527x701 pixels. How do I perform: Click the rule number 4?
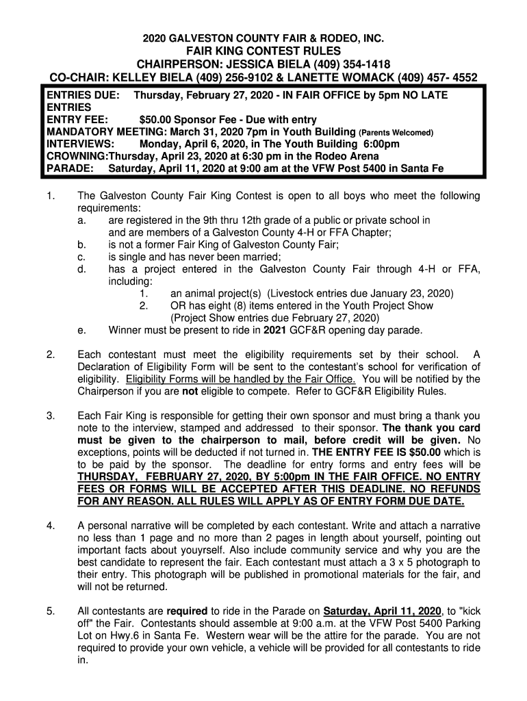[51, 526]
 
